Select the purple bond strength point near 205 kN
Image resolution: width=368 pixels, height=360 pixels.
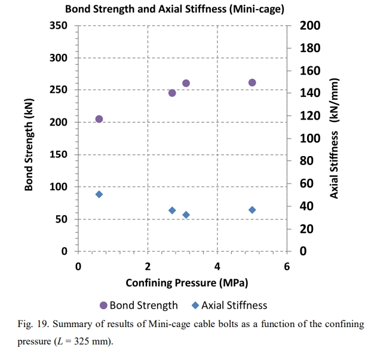[x=99, y=119]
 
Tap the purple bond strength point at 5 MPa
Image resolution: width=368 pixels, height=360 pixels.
[x=252, y=83]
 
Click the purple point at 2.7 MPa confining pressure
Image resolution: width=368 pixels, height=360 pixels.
[x=172, y=93]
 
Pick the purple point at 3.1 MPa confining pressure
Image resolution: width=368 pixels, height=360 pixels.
[x=186, y=83]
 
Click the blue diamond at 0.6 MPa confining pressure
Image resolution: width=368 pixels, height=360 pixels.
[x=99, y=194]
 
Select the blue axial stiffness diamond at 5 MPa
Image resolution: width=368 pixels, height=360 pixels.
[x=252, y=210]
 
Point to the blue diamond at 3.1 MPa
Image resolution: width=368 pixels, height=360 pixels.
[x=186, y=215]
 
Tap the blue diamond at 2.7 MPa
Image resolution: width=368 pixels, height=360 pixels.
[x=172, y=210]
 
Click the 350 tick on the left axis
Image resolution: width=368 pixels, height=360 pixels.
[x=58, y=26]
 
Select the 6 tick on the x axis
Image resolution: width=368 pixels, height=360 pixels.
[x=287, y=266]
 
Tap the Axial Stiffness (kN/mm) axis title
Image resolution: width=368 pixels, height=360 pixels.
[x=335, y=138]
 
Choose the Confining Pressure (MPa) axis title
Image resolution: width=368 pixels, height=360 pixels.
[x=187, y=282]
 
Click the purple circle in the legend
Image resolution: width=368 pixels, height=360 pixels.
[x=103, y=306]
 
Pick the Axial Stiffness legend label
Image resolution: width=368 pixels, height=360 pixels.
[x=234, y=306]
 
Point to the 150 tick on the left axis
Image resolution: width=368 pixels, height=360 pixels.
[x=58, y=155]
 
